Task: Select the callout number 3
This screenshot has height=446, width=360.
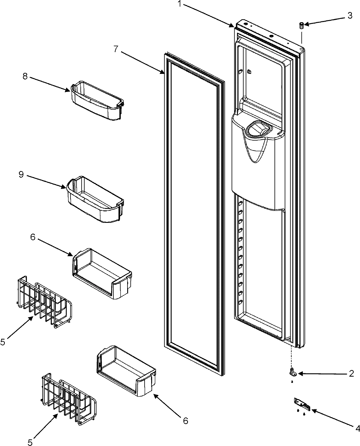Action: pos(350,16)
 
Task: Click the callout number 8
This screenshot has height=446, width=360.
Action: pos(25,76)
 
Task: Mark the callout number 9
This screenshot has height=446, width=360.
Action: pos(21,174)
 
